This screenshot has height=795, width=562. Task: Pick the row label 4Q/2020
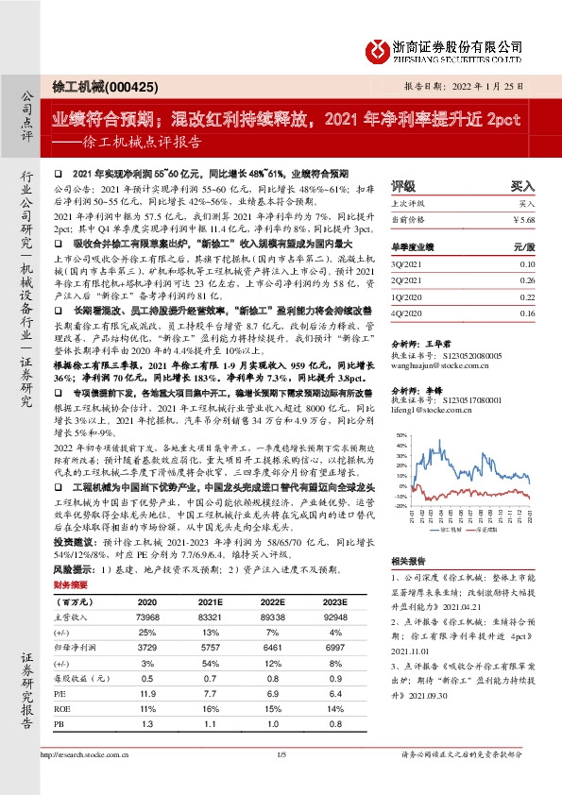click(x=408, y=313)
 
